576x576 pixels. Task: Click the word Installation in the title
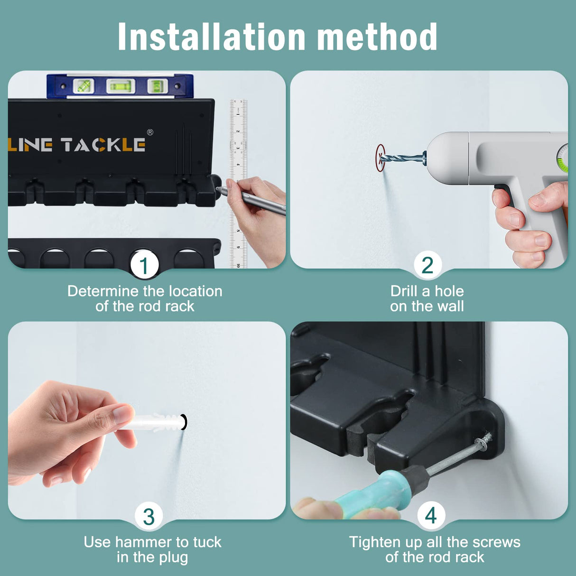point(211,37)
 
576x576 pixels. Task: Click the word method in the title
point(377,37)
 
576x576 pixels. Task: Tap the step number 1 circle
point(144,266)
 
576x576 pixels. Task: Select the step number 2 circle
point(427,265)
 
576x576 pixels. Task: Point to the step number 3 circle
point(149,517)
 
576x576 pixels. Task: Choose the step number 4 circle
point(431,515)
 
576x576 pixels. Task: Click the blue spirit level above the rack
point(120,86)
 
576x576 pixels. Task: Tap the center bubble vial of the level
point(121,86)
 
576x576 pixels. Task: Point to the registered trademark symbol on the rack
point(150,132)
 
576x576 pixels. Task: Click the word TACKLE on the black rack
point(103,145)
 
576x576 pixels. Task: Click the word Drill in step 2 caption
point(404,291)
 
